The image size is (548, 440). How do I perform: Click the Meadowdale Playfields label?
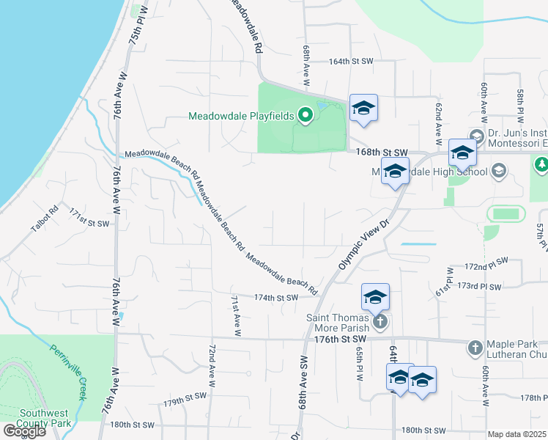click(241, 116)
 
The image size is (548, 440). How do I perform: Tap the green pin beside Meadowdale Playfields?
click(306, 115)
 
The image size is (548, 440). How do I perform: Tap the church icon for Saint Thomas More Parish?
click(379, 321)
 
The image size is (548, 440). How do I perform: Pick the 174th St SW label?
click(276, 298)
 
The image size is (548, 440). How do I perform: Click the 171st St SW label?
click(89, 218)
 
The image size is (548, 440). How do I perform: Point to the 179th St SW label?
click(185, 400)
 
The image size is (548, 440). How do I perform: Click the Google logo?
click(23, 431)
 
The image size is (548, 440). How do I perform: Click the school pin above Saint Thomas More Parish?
click(375, 296)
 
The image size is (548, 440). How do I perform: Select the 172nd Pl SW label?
click(487, 262)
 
